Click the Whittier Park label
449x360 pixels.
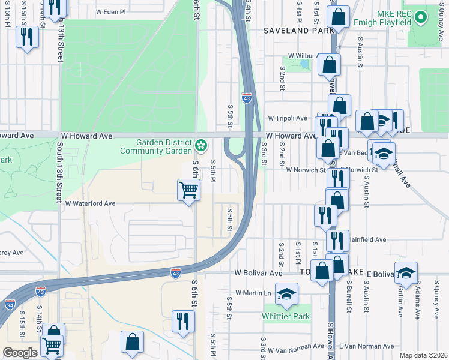point(286,316)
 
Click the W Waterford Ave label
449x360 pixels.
point(90,203)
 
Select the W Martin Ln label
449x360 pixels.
point(253,293)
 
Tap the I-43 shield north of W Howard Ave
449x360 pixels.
point(247,98)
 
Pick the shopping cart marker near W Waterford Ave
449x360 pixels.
point(188,191)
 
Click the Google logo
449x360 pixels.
point(20,352)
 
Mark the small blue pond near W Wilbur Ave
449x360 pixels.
point(304,63)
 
